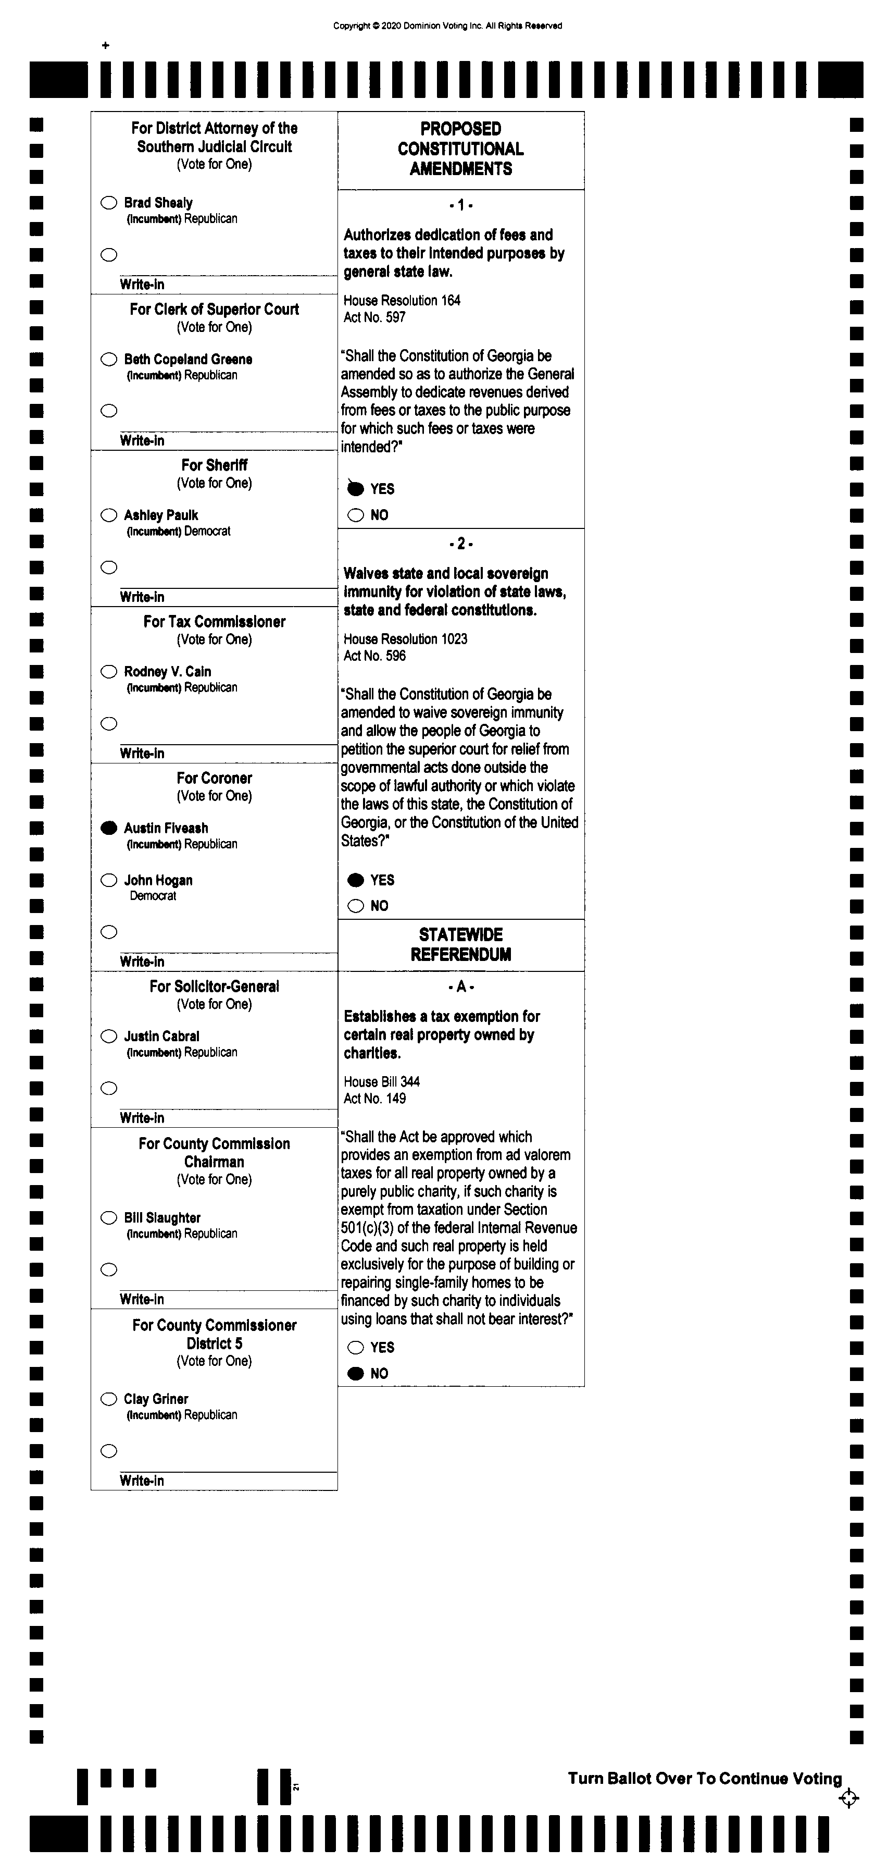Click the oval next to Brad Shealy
coord(109,202)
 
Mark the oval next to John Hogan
coord(109,880)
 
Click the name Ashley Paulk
coord(161,515)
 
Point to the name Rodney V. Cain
coord(167,671)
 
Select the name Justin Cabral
coord(161,1036)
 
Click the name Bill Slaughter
coord(162,1218)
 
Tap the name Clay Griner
coord(156,1399)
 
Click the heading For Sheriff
coord(215,465)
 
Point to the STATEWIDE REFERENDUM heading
coord(461,944)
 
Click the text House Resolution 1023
coord(405,639)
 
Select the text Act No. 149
coord(374,1099)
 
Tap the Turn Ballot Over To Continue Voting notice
coord(705,1778)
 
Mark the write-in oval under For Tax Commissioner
coord(109,723)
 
